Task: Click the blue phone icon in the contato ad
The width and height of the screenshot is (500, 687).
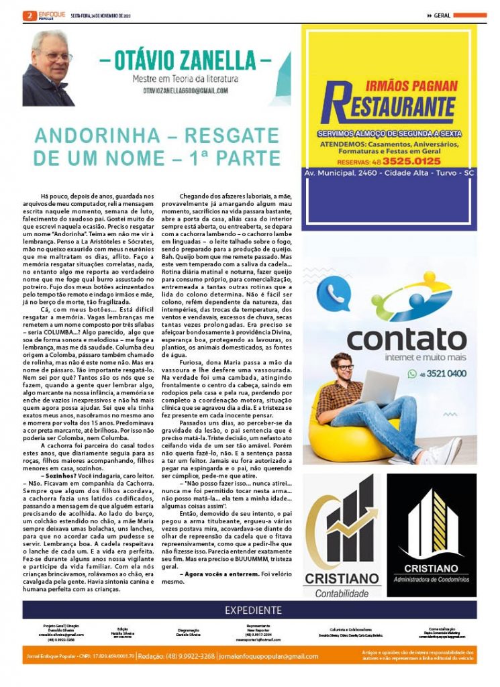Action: [x=334, y=296]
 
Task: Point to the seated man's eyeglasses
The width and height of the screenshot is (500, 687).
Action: [x=345, y=368]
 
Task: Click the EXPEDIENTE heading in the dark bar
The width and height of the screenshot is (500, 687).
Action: [x=252, y=610]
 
